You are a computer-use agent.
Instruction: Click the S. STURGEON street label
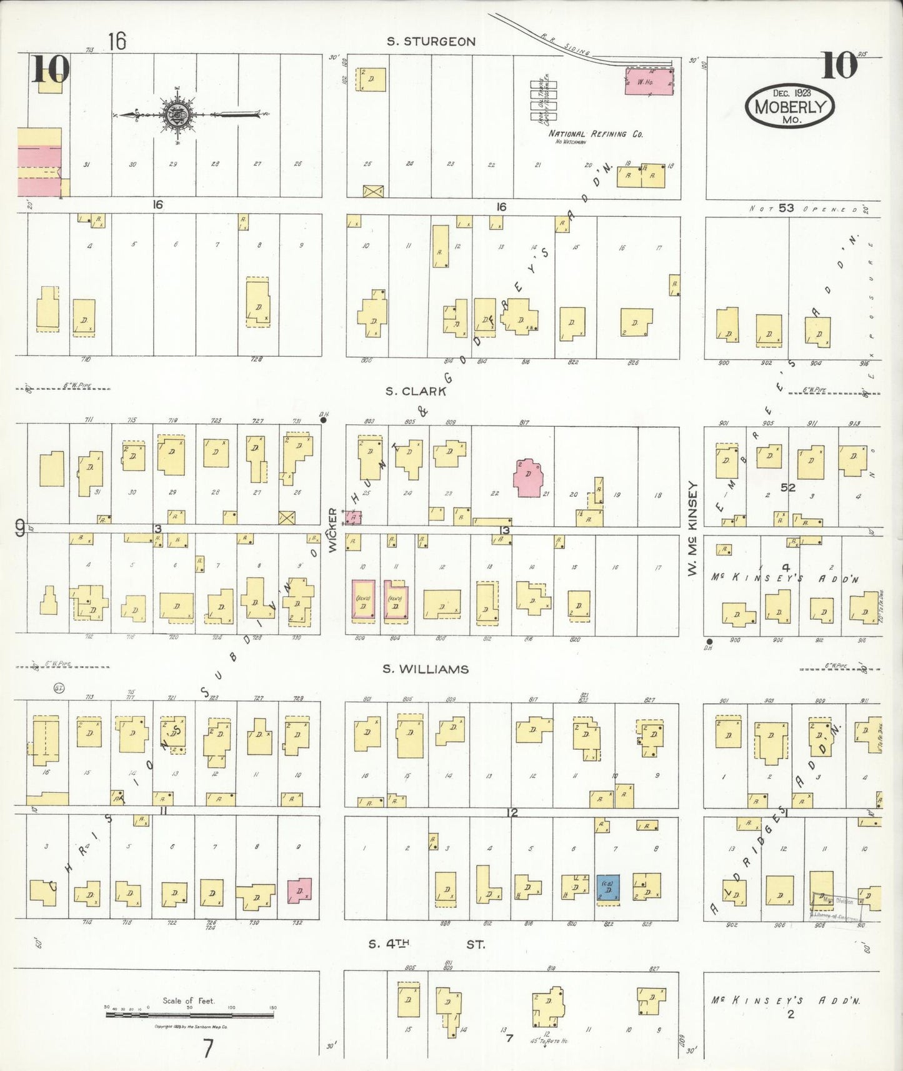pyautogui.click(x=431, y=42)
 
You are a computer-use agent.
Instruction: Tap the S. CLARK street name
pyautogui.click(x=416, y=392)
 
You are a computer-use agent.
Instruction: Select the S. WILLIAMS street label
pyautogui.click(x=426, y=669)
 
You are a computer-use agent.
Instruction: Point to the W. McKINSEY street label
pyautogui.click(x=692, y=529)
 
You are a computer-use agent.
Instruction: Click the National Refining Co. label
pyautogui.click(x=596, y=134)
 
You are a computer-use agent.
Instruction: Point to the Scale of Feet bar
pyautogui.click(x=189, y=1015)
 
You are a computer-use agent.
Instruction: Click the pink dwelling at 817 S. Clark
pyautogui.click(x=528, y=479)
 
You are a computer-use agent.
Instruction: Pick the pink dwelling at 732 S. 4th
pyautogui.click(x=299, y=890)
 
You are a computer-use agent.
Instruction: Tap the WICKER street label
pyautogui.click(x=332, y=529)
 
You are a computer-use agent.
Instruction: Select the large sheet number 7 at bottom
pyautogui.click(x=208, y=1049)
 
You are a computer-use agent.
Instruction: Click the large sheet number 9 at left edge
pyautogui.click(x=21, y=530)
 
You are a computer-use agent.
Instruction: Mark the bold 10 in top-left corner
pyautogui.click(x=50, y=69)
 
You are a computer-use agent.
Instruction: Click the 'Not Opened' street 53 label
pyautogui.click(x=806, y=209)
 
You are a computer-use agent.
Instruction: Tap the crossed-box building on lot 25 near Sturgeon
pyautogui.click(x=373, y=191)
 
